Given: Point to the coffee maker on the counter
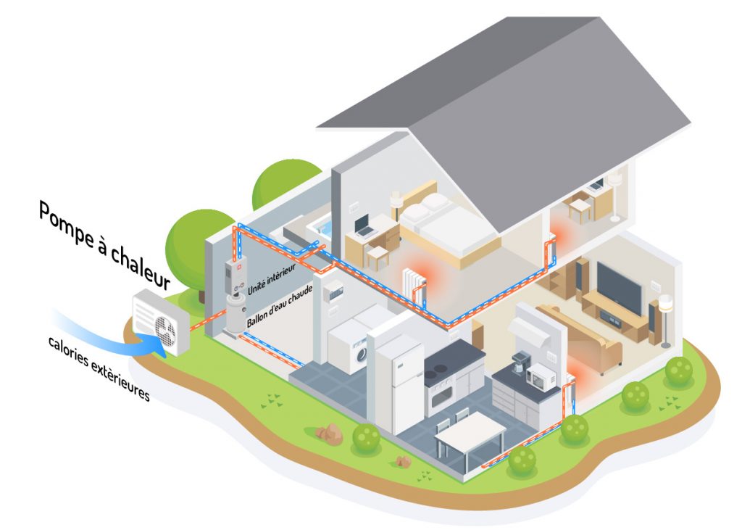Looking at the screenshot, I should pyautogui.click(x=520, y=363).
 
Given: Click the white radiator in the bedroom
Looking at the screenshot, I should pyautogui.click(x=412, y=282).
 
